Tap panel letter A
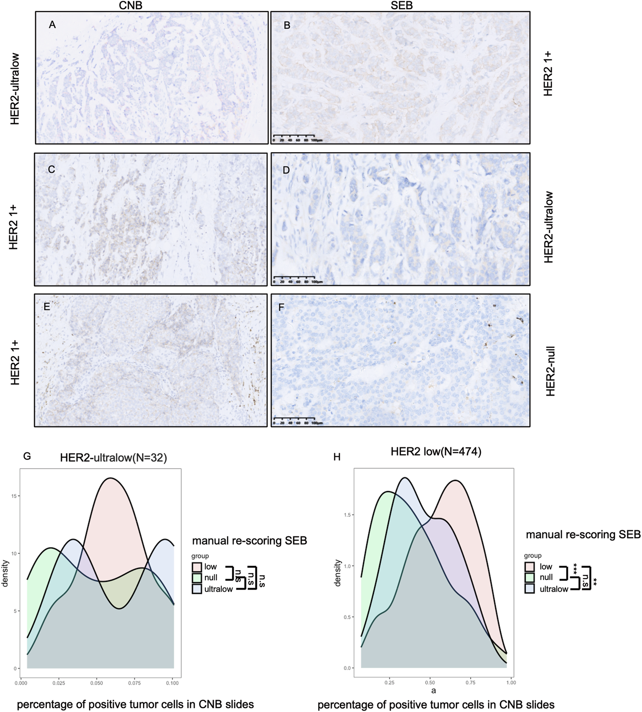click(52, 25)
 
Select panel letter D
click(286, 170)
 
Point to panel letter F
click(282, 307)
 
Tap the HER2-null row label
click(550, 371)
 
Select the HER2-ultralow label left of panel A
click(15, 89)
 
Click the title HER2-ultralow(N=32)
click(114, 458)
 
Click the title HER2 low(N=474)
click(436, 452)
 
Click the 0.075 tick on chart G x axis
click(134, 683)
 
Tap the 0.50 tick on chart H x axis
click(430, 683)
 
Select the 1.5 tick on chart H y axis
click(346, 515)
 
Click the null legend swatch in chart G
click(197, 578)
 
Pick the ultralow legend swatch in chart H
click(529, 589)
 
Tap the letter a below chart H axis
click(433, 691)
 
